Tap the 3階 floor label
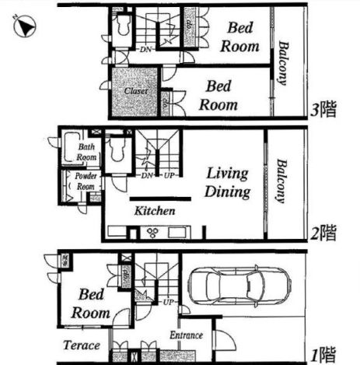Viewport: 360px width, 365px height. [323, 110]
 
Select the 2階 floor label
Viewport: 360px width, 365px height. [324, 232]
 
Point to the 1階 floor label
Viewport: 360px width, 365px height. [323, 354]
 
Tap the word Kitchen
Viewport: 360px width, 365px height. [154, 211]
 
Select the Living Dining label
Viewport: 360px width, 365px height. [227, 182]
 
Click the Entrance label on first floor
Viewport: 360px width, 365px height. [186, 335]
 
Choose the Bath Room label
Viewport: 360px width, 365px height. [86, 152]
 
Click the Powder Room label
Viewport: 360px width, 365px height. [86, 182]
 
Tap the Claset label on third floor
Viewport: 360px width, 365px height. [136, 90]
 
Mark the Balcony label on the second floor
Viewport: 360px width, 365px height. [280, 182]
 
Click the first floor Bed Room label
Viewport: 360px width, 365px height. [92, 304]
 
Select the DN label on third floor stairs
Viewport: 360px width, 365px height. [146, 51]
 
